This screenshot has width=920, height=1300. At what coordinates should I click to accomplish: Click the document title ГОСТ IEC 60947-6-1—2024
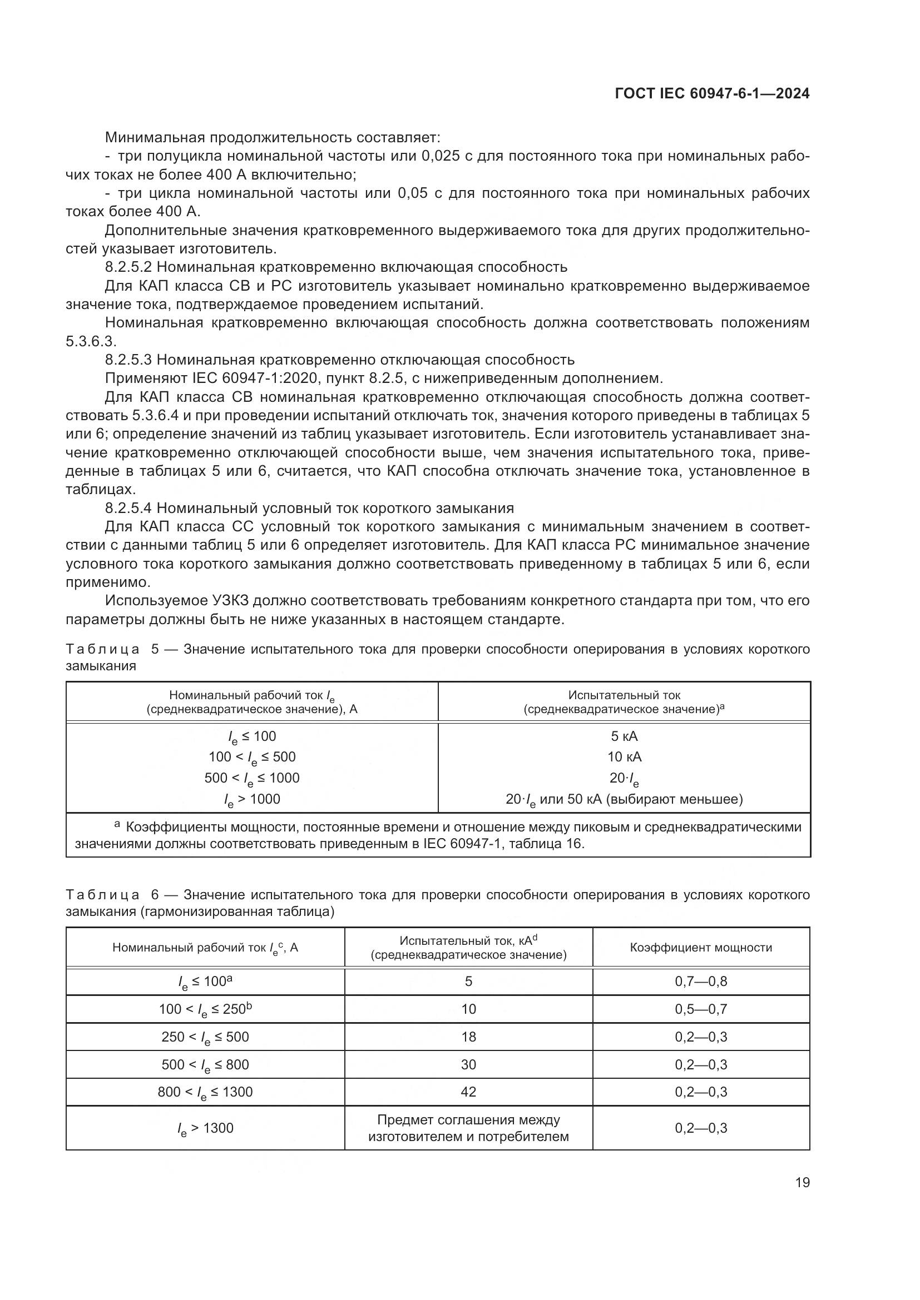711,94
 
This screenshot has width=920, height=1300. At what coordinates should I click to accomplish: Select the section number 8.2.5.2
128,267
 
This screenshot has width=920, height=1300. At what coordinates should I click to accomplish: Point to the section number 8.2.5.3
128,360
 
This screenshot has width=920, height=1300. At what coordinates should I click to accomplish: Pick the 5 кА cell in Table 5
624,736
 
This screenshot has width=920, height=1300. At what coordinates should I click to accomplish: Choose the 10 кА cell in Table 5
624,757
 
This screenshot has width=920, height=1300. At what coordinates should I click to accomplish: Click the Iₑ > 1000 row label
251,799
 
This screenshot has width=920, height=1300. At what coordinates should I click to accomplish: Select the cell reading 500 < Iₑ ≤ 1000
251,779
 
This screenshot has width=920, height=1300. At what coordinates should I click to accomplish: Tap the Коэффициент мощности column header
701,948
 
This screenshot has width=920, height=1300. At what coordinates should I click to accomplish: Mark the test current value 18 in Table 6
468,1037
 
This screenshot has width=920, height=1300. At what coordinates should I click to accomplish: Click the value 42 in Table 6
468,1092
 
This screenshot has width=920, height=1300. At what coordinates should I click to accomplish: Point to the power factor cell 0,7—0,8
701,982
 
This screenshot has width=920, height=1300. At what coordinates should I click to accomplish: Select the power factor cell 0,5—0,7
701,1009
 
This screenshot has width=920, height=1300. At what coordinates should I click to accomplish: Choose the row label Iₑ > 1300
205,1128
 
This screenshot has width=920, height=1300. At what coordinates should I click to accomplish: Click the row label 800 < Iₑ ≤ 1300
205,1092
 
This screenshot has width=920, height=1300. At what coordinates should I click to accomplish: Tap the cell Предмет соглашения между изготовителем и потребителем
468,1128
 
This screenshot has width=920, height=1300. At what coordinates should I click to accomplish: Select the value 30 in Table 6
468,1064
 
